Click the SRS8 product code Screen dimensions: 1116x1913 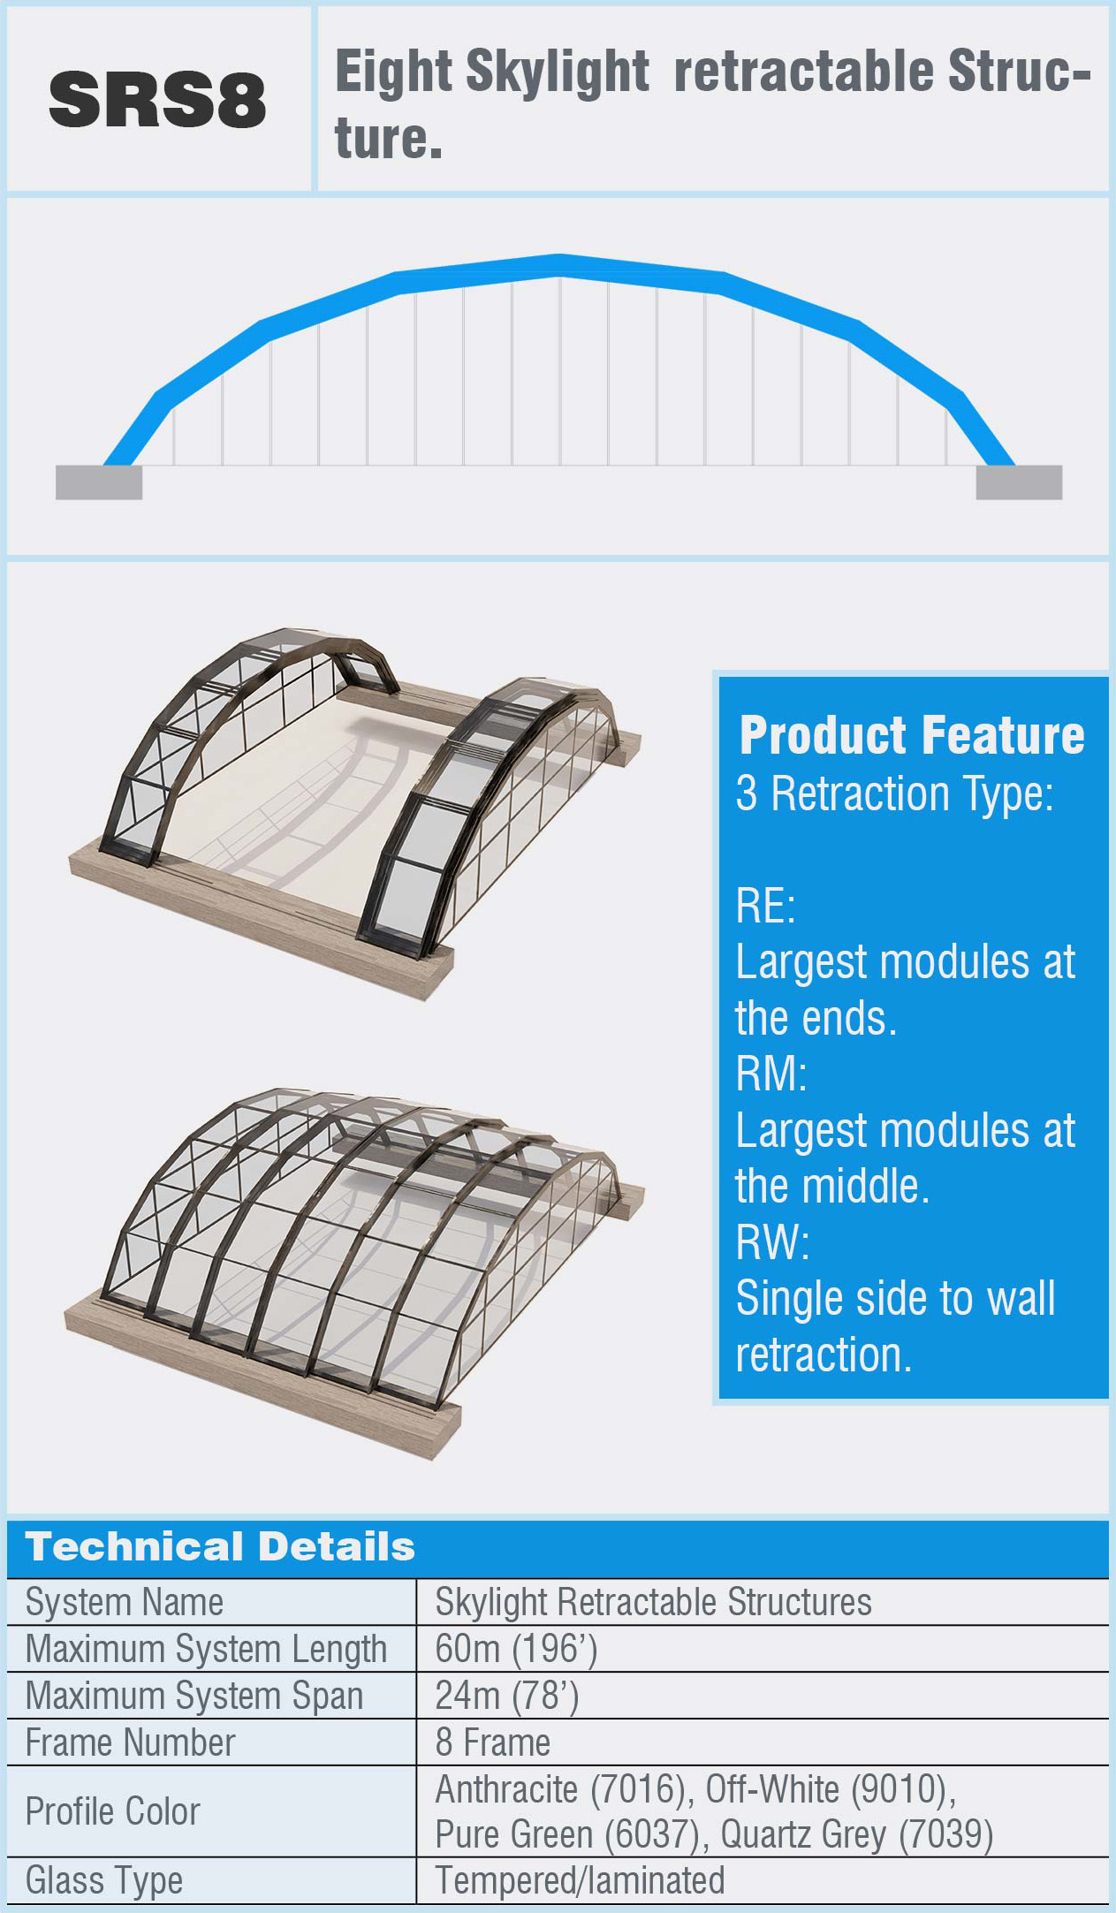[157, 100]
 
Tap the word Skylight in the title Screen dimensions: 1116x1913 [558, 73]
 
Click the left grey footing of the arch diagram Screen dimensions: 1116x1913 [99, 482]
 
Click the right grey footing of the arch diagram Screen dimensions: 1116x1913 [1019, 482]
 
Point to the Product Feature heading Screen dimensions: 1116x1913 [912, 735]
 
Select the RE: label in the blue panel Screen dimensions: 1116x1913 [765, 906]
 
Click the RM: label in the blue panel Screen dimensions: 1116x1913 [771, 1074]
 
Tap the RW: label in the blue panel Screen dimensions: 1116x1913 [772, 1242]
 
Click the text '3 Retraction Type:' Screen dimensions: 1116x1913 [895, 793]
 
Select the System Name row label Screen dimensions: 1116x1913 [125, 1602]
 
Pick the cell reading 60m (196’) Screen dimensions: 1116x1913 [516, 1649]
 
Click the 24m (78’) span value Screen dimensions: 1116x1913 [506, 1696]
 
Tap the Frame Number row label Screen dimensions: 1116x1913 [131, 1742]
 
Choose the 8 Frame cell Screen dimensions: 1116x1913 [492, 1742]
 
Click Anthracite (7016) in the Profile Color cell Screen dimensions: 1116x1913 [560, 1789]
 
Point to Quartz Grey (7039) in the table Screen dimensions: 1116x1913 [856, 1834]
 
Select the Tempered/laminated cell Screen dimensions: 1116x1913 [580, 1880]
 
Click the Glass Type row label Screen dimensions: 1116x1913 [104, 1880]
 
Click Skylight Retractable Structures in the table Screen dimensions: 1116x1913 [653, 1602]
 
